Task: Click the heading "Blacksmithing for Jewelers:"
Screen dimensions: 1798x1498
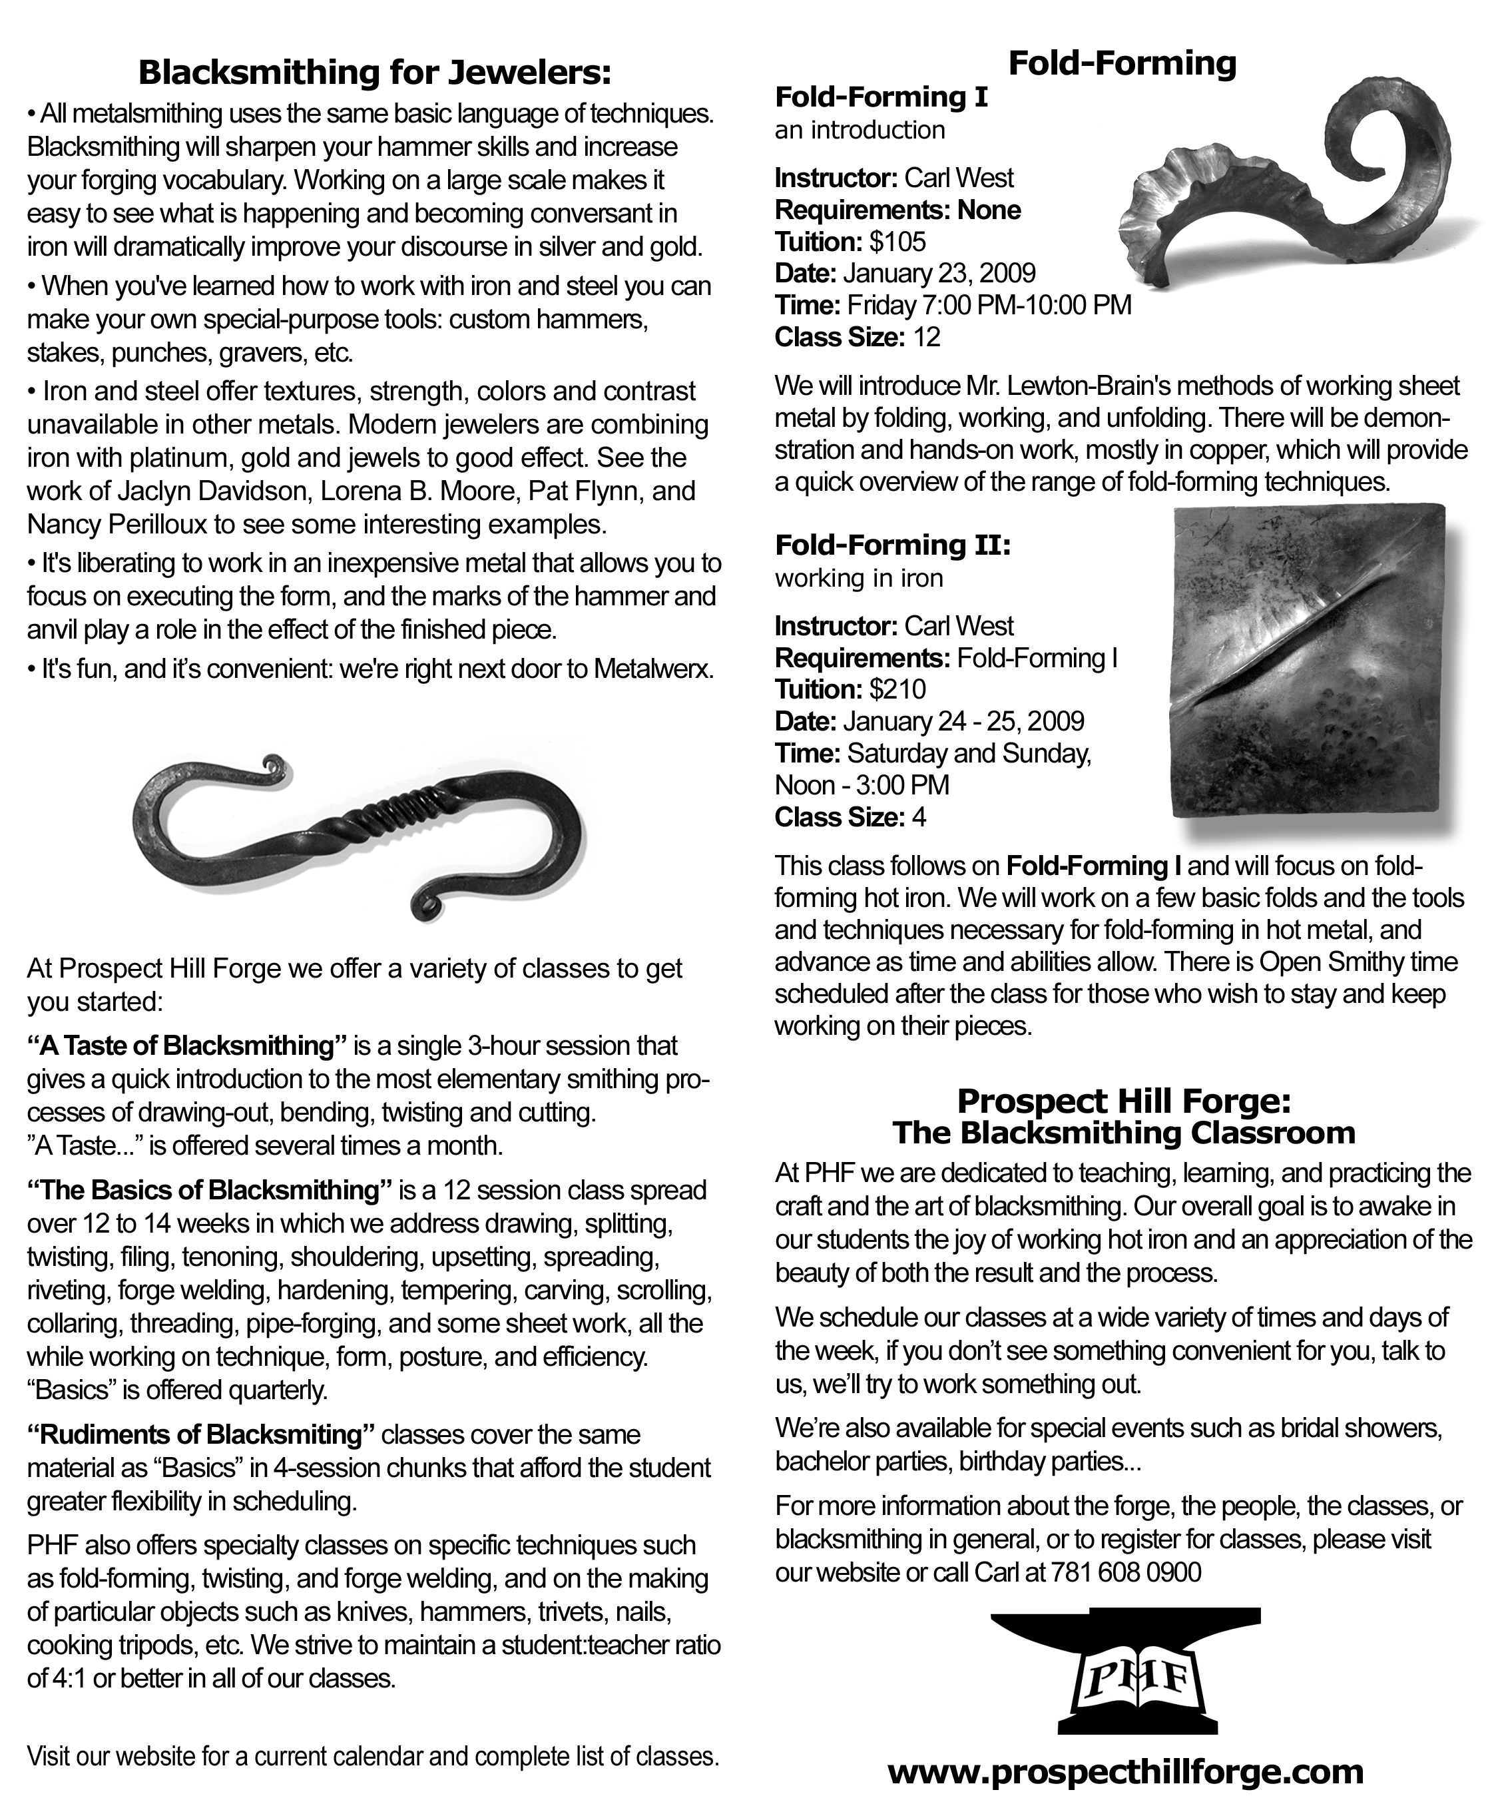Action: point(375,73)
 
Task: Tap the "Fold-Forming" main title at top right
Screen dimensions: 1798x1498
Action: point(1123,63)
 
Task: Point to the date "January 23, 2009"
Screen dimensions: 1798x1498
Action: point(939,273)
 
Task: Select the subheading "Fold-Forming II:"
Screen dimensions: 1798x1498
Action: point(893,545)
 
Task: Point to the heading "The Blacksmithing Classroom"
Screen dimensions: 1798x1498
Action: point(1123,1133)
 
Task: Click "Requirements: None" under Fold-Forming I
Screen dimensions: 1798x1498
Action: point(897,210)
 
